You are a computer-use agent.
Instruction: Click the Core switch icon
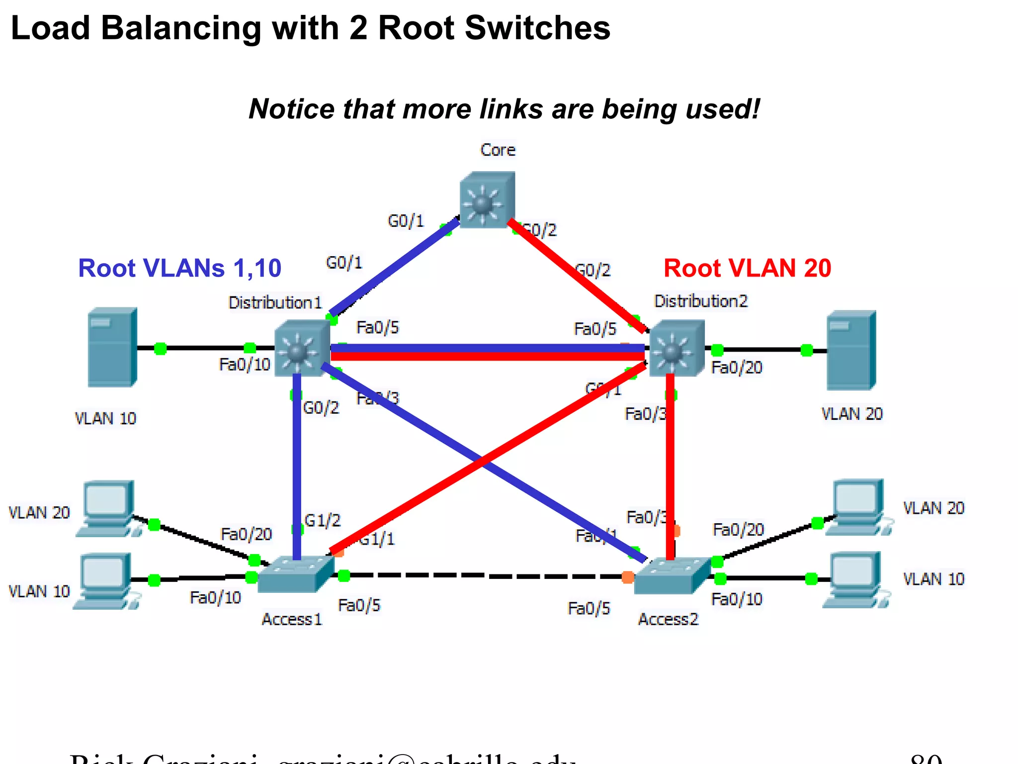coord(487,200)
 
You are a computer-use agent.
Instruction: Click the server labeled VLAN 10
coord(112,347)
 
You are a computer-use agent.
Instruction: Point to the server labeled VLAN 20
coord(851,350)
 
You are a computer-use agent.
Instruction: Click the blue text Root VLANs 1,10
coord(179,268)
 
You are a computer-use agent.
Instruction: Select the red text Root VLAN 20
coord(747,268)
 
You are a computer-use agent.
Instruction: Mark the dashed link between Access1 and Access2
coord(485,576)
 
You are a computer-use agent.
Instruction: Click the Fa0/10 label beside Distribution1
coord(244,365)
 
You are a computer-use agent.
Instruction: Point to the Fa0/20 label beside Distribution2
coord(736,368)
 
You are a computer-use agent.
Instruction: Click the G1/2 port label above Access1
coord(322,520)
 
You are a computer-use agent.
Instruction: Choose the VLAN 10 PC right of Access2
coord(854,579)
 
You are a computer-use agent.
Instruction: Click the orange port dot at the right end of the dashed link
coord(628,577)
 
